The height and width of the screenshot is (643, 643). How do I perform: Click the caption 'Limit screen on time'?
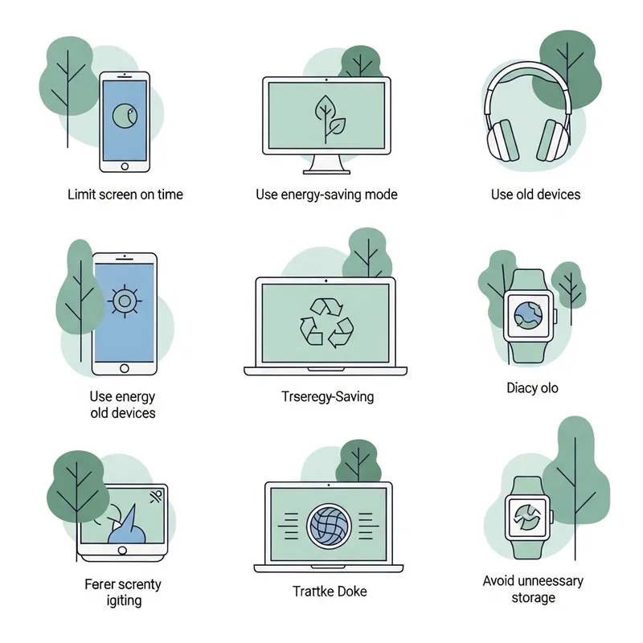point(125,195)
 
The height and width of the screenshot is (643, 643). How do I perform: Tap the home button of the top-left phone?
point(125,166)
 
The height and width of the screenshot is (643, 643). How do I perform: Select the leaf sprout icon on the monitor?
point(328,118)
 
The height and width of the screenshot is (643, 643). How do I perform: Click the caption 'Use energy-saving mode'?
point(326,195)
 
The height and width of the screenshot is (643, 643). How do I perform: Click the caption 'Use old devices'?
point(535,195)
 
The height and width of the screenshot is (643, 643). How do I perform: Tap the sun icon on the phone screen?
point(124,301)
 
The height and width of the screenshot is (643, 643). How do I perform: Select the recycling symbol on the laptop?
point(326,321)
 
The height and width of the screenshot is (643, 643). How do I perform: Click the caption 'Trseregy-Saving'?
point(327,396)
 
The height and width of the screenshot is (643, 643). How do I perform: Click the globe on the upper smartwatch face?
point(529,315)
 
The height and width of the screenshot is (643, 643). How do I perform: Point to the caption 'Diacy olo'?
point(532,388)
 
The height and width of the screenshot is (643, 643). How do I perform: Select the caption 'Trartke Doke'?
point(330,592)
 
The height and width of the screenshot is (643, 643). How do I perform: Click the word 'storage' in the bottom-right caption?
point(533,598)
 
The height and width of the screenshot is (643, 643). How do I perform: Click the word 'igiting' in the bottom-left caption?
point(124,600)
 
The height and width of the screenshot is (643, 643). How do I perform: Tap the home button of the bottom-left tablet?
point(123,551)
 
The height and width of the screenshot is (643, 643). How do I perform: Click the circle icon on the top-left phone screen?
point(124,117)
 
